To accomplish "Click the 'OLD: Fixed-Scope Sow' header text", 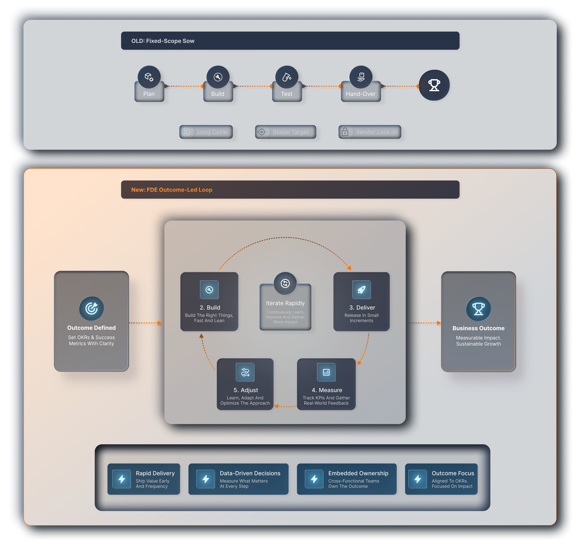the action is pyautogui.click(x=163, y=41).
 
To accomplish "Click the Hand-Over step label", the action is pyautogui.click(x=361, y=94).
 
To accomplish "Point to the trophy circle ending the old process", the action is pyautogui.click(x=434, y=85).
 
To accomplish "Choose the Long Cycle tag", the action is pyautogui.click(x=206, y=132).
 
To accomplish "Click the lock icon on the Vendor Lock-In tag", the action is pyautogui.click(x=345, y=132).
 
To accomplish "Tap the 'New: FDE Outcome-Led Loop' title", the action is pyautogui.click(x=172, y=190).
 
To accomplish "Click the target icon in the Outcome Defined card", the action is pyautogui.click(x=91, y=308).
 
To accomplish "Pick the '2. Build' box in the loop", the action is pyautogui.click(x=209, y=302).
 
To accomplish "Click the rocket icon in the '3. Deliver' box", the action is pyautogui.click(x=362, y=290).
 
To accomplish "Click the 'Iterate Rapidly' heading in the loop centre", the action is pyautogui.click(x=285, y=303).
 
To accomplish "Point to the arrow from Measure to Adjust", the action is pyautogui.click(x=285, y=406).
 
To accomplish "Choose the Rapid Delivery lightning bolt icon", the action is pyautogui.click(x=122, y=479).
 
